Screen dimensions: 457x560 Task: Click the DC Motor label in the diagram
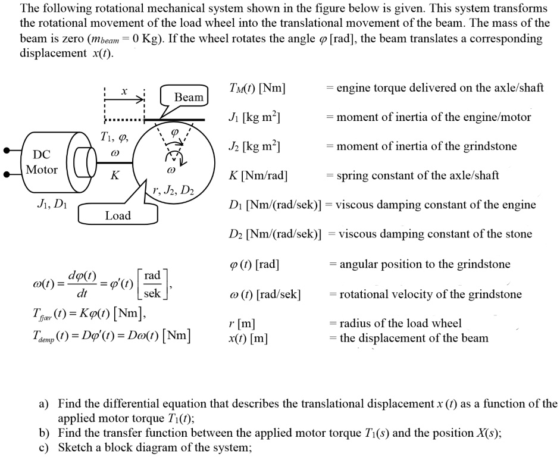point(42,162)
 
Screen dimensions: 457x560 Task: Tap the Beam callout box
point(189,97)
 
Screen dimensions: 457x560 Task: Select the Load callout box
point(117,215)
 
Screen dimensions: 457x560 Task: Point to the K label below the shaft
point(115,176)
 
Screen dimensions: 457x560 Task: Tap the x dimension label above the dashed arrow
point(124,91)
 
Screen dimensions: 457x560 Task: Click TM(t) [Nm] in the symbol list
point(258,89)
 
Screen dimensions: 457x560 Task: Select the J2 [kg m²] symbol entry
point(254,146)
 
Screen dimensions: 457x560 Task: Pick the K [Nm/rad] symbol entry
point(258,176)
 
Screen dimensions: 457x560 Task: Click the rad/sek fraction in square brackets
point(152,284)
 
